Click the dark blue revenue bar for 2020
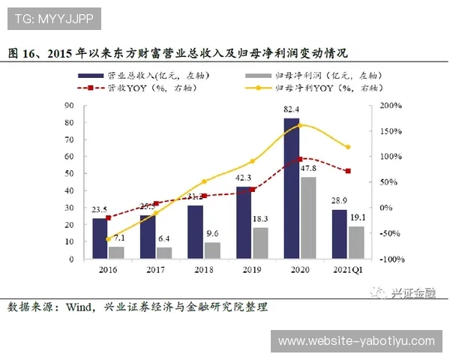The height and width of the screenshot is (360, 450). (291, 188)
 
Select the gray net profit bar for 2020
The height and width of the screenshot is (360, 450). (307, 217)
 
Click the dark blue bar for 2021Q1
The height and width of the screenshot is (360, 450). (339, 234)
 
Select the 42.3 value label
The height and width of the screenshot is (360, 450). (244, 178)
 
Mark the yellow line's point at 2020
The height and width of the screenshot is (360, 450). (300, 125)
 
